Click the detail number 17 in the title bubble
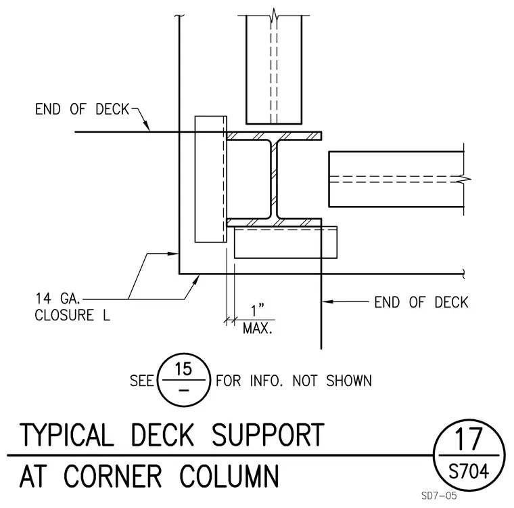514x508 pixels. click(x=469, y=439)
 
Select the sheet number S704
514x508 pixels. click(x=469, y=471)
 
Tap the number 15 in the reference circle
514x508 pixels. click(x=183, y=368)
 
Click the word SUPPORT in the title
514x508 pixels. click(x=268, y=434)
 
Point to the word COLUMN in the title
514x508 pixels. click(x=229, y=475)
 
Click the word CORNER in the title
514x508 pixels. click(x=112, y=475)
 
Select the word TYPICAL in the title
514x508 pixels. click(x=66, y=434)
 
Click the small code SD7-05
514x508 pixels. click(x=439, y=496)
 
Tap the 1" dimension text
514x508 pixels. click(x=257, y=310)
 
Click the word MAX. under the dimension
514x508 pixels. click(x=258, y=328)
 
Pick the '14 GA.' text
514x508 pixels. click(x=57, y=299)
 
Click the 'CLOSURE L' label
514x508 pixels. click(x=72, y=315)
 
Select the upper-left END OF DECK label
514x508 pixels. click(x=83, y=109)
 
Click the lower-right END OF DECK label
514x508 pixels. click(x=421, y=303)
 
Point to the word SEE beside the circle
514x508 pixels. click(x=141, y=381)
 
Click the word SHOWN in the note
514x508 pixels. click(x=349, y=381)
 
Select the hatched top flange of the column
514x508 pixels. click(x=274, y=136)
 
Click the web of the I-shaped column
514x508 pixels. click(x=274, y=179)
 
